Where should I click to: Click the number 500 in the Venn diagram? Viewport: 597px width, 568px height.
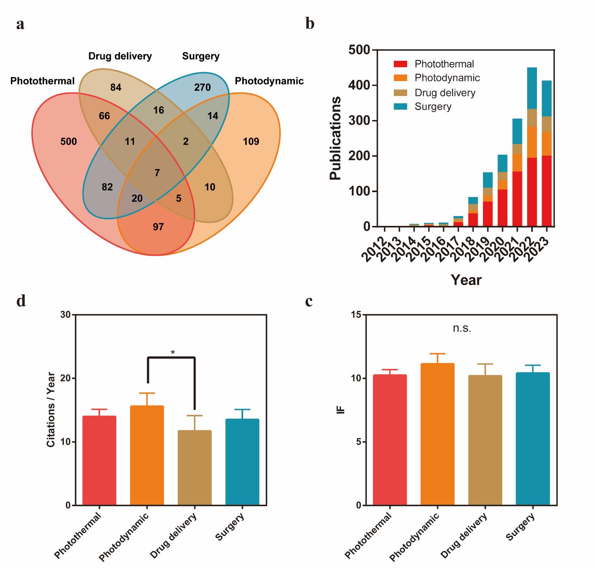(x=68, y=142)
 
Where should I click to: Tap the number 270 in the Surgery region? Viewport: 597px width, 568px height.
(x=202, y=87)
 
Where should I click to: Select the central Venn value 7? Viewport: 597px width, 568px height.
(x=157, y=173)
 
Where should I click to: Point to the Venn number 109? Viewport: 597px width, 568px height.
(x=251, y=142)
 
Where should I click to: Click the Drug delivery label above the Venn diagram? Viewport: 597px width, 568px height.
(x=120, y=56)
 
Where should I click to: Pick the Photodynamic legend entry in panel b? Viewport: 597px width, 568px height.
(x=447, y=78)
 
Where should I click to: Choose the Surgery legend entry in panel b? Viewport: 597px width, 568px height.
(x=433, y=107)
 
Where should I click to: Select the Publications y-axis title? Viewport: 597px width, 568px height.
(x=335, y=138)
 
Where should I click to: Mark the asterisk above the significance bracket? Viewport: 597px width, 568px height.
(x=173, y=352)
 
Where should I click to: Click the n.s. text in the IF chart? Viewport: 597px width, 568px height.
(x=462, y=328)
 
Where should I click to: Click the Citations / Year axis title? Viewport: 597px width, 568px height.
(x=51, y=409)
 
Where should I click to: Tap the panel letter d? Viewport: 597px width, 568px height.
(x=21, y=301)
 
